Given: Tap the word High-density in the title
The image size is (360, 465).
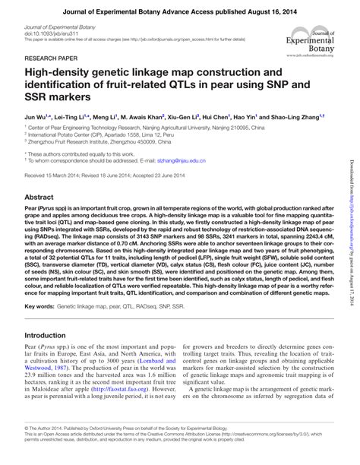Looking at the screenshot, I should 63,74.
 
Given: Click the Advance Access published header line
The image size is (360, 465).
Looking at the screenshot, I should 179,10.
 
